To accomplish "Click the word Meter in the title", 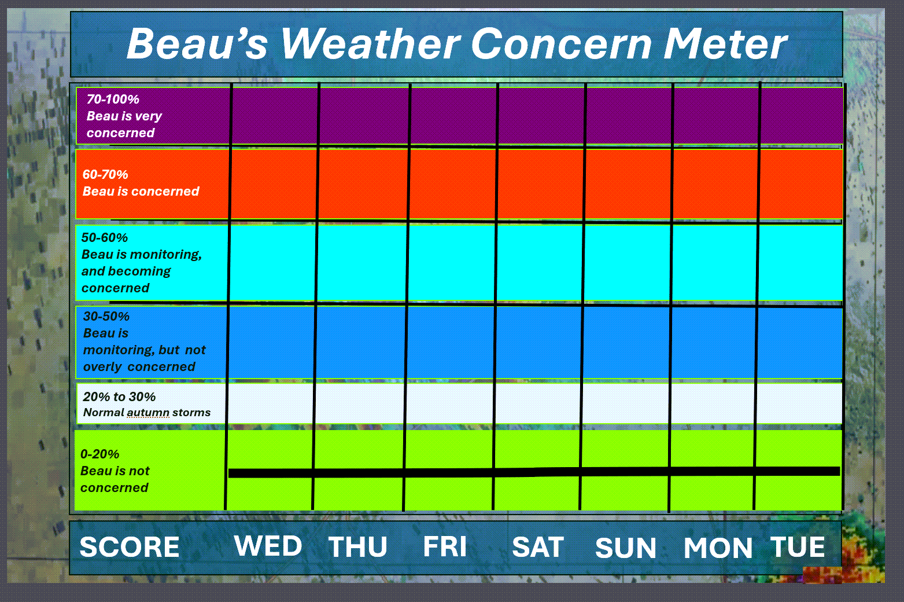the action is (x=725, y=43).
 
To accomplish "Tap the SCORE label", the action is (x=129, y=547).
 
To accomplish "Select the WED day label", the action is (x=268, y=546).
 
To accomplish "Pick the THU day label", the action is (x=357, y=546).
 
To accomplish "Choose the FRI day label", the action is (x=445, y=546).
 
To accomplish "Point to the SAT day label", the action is (x=537, y=547).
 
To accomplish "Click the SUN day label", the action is (x=626, y=548).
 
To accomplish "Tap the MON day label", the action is (x=718, y=548).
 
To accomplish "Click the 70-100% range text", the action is (x=113, y=99).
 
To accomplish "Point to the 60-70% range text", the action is (x=105, y=174).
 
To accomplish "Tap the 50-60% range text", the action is (x=105, y=237).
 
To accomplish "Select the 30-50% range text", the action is (x=106, y=316).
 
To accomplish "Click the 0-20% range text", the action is (x=99, y=454).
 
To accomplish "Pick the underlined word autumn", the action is (x=148, y=413).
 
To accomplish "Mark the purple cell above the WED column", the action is (x=275, y=116).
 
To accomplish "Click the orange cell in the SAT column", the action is (x=540, y=185).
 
